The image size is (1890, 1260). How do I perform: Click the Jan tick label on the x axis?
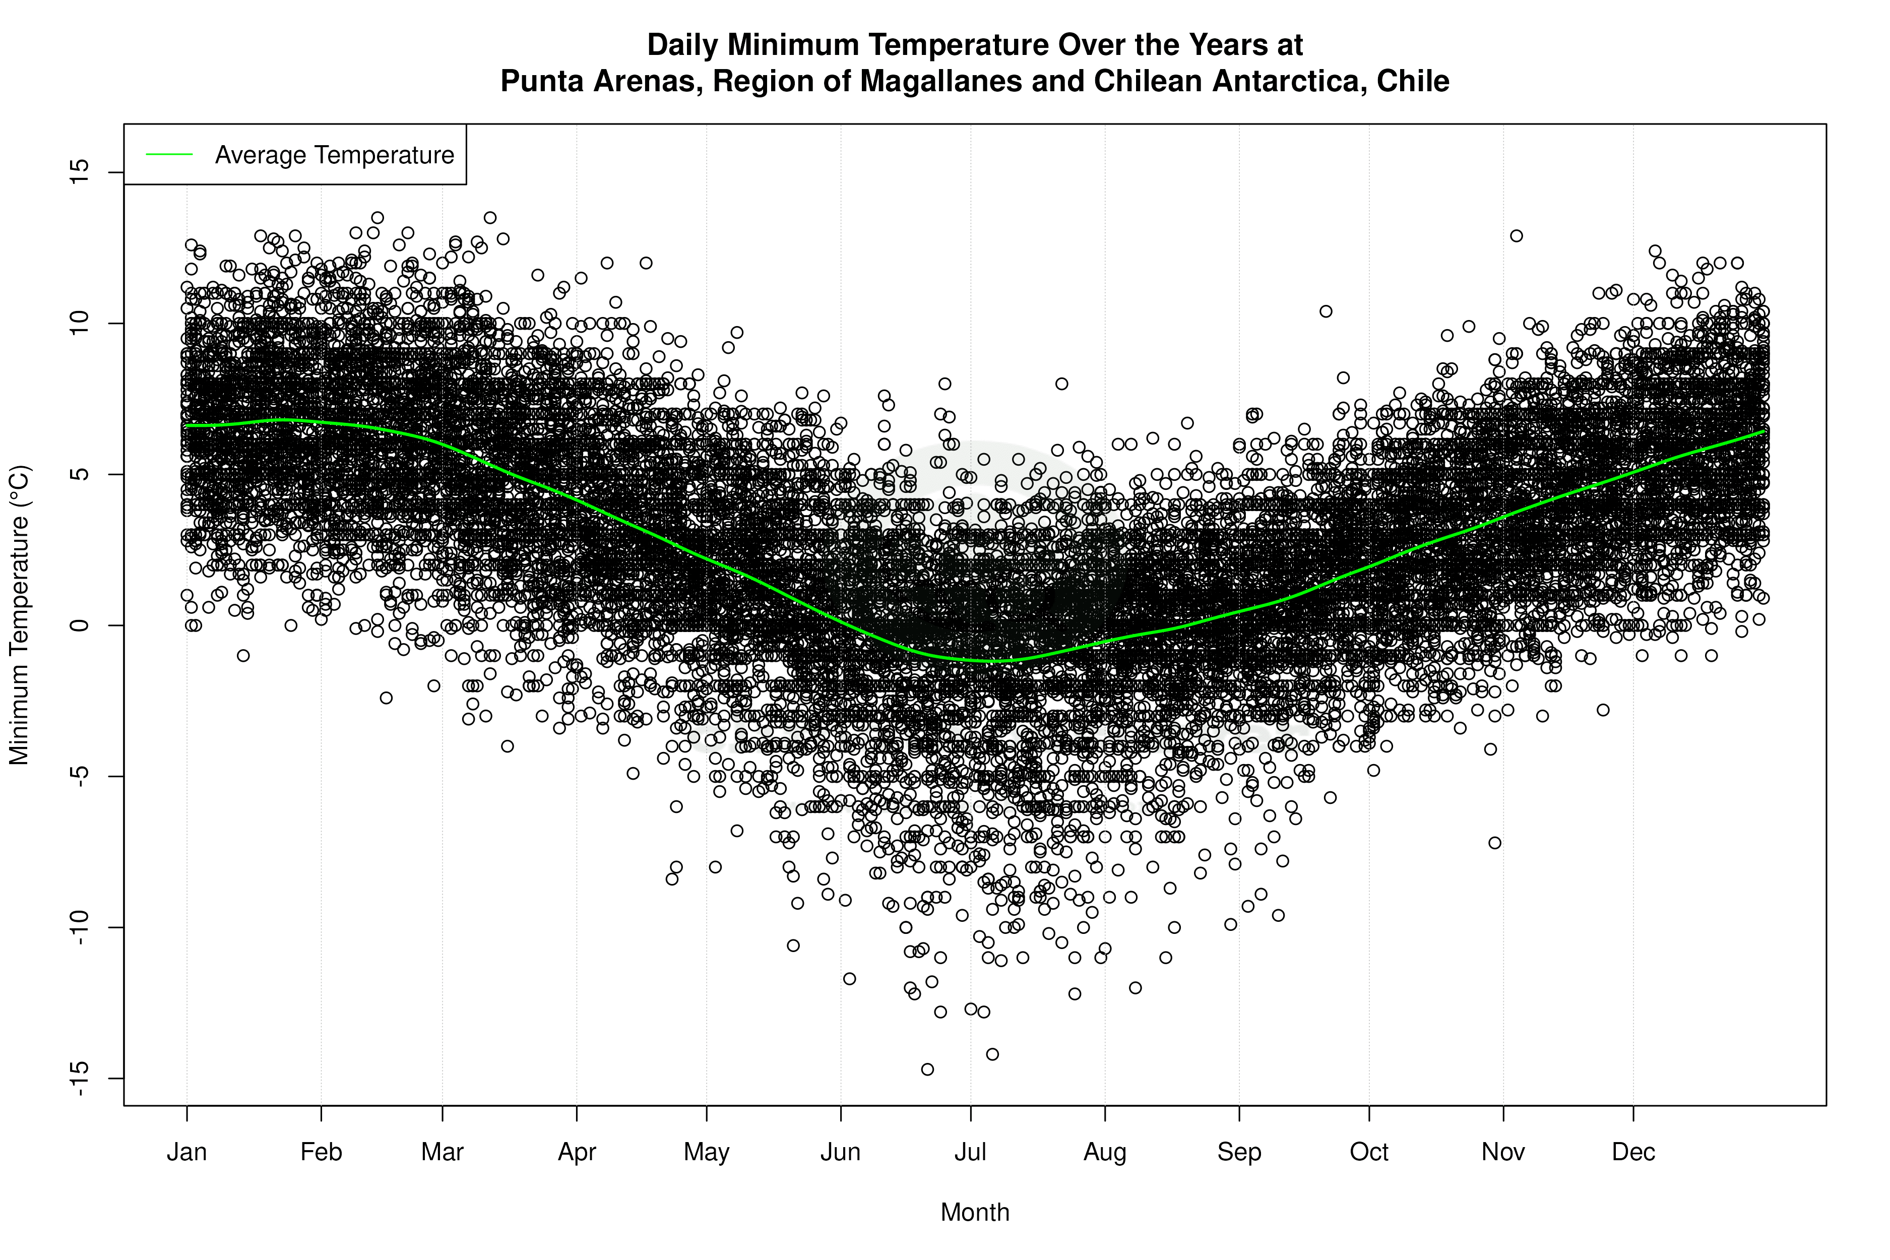(186, 1152)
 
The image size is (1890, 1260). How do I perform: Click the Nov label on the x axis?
(1503, 1152)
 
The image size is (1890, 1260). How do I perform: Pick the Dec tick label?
(1633, 1152)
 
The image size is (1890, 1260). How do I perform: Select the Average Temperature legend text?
(334, 155)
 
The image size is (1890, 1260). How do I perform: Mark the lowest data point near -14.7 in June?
(927, 1069)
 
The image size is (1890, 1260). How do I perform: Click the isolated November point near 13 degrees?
(1517, 235)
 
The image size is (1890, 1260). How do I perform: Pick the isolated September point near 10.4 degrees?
(1326, 311)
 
